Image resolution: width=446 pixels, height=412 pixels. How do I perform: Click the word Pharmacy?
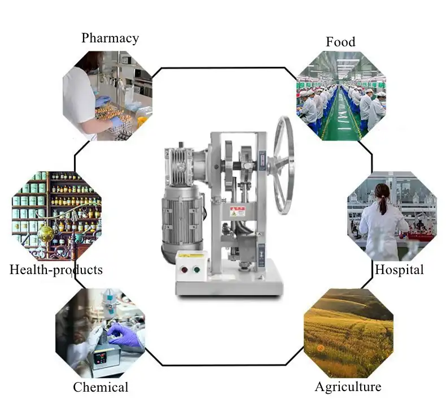[x=110, y=38]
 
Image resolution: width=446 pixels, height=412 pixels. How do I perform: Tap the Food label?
[x=340, y=42]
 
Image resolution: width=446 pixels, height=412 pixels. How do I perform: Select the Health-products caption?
[x=56, y=270]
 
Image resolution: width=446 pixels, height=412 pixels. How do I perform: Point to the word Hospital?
[x=399, y=270]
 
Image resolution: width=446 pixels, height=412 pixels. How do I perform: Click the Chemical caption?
[x=100, y=387]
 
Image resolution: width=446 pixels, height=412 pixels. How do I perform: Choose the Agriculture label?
[x=348, y=387]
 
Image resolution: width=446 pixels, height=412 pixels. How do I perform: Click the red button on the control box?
[x=184, y=269]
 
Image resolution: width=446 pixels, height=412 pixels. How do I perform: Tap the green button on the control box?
[x=198, y=269]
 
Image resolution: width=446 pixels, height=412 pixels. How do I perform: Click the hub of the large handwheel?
[x=281, y=164]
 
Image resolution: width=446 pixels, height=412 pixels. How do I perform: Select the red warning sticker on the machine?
[x=237, y=212]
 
